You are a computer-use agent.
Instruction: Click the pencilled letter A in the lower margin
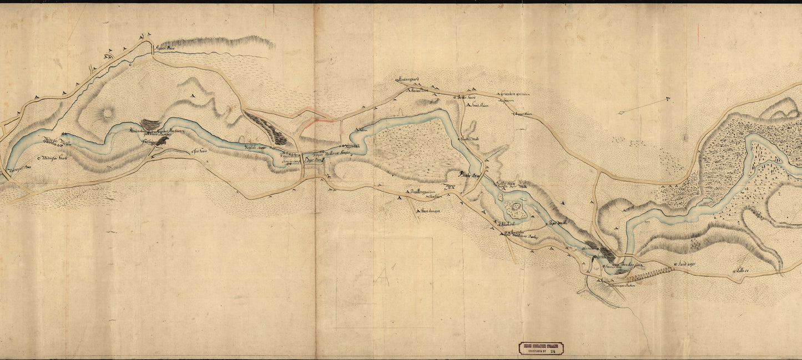(x=382, y=276)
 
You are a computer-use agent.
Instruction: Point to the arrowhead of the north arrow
(x=668, y=99)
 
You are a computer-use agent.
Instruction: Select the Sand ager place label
(x=687, y=264)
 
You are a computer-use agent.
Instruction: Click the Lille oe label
(x=743, y=270)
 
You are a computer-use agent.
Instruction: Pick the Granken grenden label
(x=517, y=94)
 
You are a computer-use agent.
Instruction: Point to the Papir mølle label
(x=557, y=224)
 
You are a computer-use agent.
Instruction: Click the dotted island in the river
(x=517, y=209)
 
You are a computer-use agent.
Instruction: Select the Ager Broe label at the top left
(x=167, y=48)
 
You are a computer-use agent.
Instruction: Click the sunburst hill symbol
(x=106, y=114)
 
